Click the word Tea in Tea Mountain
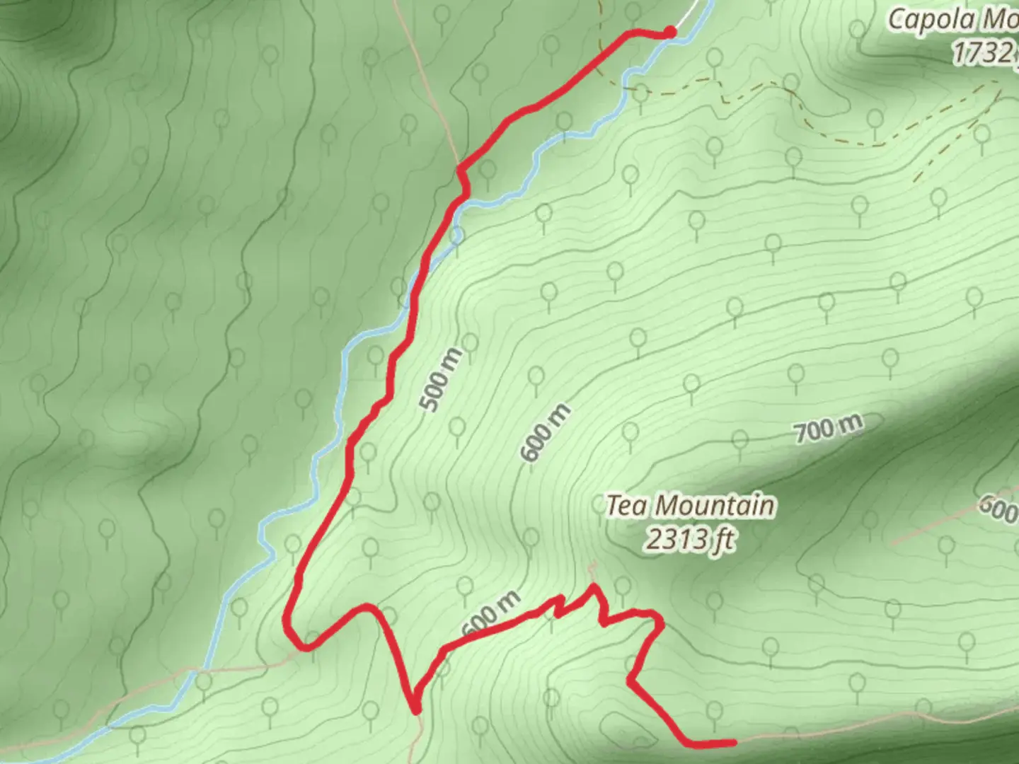coord(626,507)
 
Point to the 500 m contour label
coord(442,380)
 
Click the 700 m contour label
coord(828,427)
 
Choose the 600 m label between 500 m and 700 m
coord(545,432)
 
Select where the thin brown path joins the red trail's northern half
coord(460,168)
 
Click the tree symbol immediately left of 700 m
coord(739,440)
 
